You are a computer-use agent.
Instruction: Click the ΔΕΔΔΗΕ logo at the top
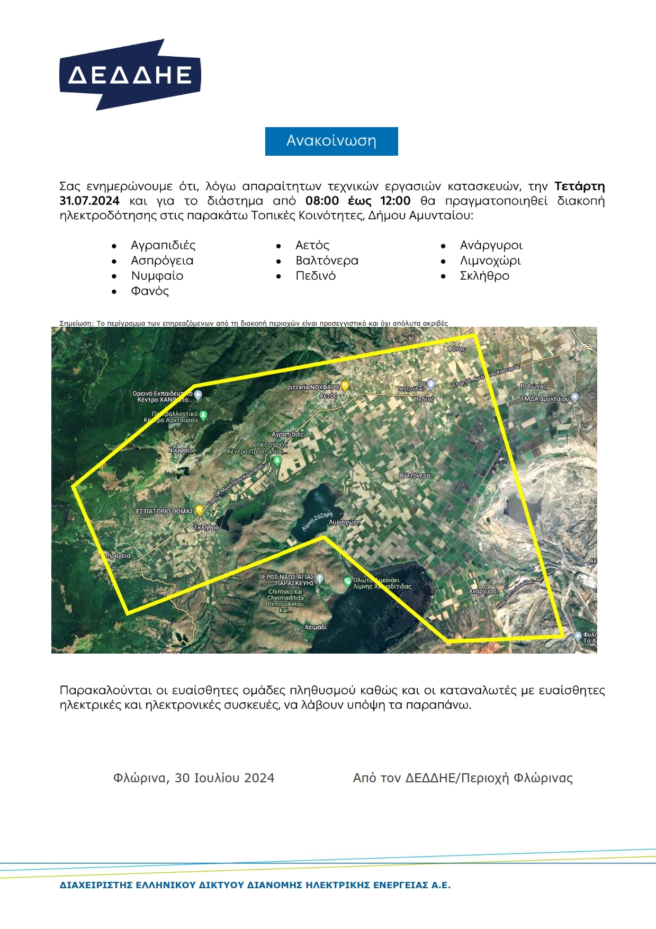point(130,75)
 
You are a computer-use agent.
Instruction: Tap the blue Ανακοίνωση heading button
point(331,141)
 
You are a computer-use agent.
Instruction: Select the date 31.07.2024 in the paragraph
point(89,201)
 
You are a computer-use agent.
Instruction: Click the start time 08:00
point(322,201)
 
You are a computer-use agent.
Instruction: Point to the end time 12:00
point(395,201)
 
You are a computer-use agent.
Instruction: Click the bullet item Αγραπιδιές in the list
point(163,245)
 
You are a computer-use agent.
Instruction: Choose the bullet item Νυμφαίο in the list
point(157,276)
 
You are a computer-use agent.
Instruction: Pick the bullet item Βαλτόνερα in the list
point(327,261)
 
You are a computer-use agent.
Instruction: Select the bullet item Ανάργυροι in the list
point(491,245)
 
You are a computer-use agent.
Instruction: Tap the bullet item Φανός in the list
point(150,291)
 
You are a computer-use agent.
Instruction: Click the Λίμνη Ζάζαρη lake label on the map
point(317,521)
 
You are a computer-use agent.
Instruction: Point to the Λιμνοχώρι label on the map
point(344,522)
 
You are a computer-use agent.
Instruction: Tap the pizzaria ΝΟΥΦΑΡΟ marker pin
point(345,386)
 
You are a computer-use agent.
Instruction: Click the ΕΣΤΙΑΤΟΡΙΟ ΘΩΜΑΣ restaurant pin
point(199,511)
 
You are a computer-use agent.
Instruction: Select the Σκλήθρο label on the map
point(206,528)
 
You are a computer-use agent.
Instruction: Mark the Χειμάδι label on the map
point(316,627)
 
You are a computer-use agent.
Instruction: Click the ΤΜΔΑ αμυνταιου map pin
point(575,397)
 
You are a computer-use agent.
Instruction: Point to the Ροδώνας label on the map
point(533,387)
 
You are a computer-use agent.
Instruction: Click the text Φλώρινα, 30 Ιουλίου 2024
point(194,778)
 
